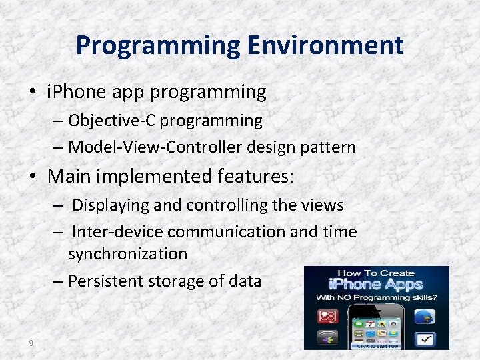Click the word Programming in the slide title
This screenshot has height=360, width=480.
point(157,45)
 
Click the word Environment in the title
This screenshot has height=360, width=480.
point(325,45)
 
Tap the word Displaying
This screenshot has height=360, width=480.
point(111,205)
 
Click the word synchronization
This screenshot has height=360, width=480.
point(127,254)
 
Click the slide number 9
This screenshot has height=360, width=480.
point(31,343)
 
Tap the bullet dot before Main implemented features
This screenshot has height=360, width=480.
point(37,177)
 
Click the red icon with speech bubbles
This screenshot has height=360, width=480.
point(328,316)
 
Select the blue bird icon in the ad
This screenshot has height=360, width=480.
point(425,317)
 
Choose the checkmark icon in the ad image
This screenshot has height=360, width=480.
point(425,339)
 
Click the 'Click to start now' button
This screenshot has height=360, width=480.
point(377,345)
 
